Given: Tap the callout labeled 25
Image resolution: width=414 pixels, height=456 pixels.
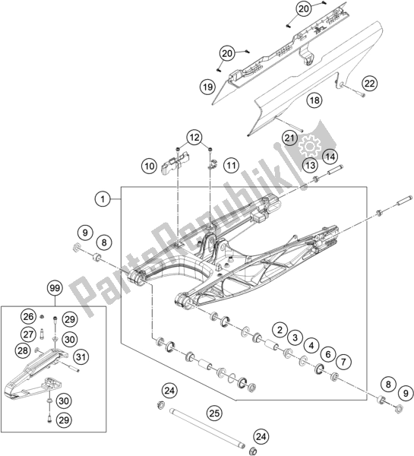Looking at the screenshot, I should [215, 413].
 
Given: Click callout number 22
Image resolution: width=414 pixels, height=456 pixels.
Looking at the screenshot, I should [368, 82].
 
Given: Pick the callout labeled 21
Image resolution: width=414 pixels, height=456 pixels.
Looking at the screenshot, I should [289, 138].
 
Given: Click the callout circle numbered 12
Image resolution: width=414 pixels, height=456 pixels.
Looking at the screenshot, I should [195, 137].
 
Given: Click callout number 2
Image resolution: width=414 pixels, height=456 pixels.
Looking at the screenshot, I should [280, 330].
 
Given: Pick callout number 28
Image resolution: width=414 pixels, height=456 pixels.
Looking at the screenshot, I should [23, 350].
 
